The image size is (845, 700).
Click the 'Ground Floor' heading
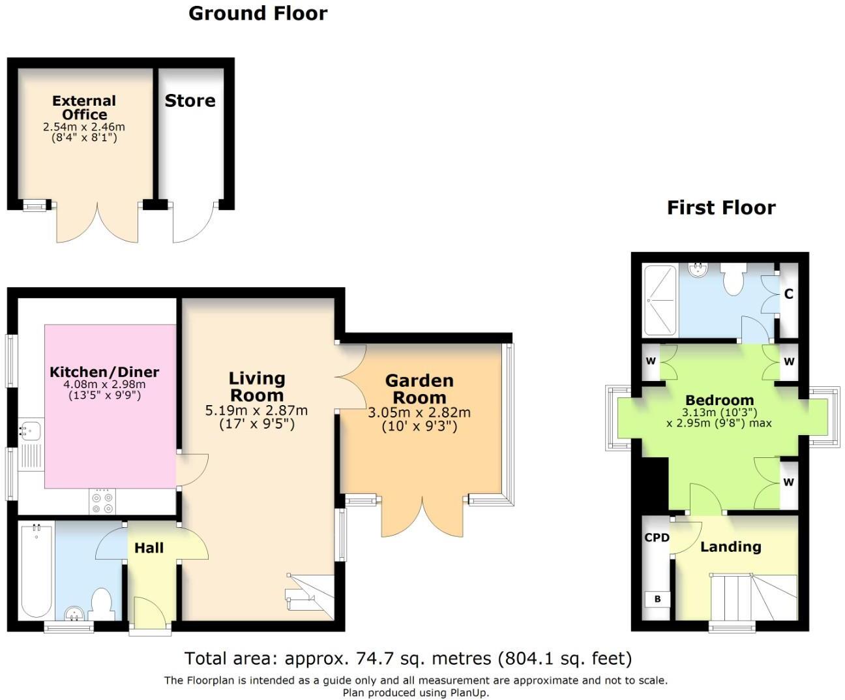click(258, 14)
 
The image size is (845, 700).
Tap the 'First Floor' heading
click(721, 208)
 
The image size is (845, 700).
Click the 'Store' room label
click(190, 100)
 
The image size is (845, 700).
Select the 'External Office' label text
click(84, 108)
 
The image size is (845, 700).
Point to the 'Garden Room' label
click(419, 389)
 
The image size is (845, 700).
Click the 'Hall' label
click(149, 548)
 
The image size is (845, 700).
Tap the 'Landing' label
click(730, 547)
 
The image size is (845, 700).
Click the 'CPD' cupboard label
click(657, 538)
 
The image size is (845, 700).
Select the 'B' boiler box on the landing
click(657, 599)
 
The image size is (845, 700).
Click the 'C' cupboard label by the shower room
click(788, 294)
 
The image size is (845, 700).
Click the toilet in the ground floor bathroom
click(102, 603)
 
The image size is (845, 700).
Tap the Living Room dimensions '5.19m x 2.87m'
click(256, 411)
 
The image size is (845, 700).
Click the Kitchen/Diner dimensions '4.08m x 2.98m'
click(104, 385)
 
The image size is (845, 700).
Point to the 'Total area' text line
click(408, 659)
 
